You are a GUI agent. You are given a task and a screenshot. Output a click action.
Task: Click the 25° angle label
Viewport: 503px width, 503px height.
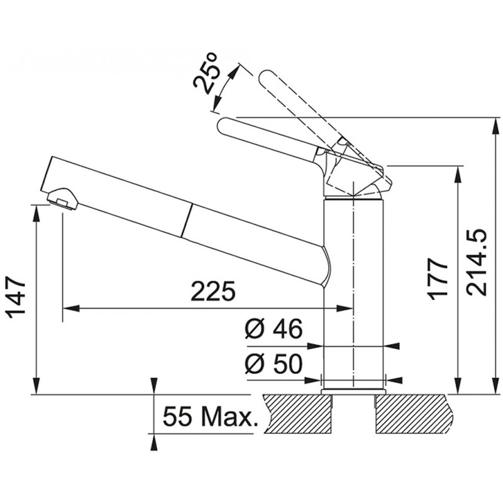click(206, 74)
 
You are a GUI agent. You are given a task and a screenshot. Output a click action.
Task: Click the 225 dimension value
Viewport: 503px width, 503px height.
click(213, 292)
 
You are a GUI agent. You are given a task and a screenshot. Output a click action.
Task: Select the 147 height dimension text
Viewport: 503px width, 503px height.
click(16, 297)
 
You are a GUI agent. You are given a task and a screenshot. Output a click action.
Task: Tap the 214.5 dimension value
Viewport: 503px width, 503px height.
click(477, 262)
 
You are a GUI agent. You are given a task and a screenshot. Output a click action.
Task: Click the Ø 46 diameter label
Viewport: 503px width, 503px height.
click(274, 328)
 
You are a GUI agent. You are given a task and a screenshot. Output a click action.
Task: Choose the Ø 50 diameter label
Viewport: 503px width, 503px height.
click(274, 364)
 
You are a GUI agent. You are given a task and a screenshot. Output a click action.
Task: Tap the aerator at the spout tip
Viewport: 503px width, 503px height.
click(62, 199)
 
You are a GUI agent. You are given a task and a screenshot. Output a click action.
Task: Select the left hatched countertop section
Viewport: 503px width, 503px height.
click(298, 414)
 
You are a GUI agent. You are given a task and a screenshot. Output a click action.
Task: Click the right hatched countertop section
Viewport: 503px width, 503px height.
click(414, 414)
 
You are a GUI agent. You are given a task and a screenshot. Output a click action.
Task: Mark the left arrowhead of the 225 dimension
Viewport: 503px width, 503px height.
click(70, 309)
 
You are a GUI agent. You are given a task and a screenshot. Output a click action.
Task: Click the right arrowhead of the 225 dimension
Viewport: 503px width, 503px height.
click(344, 309)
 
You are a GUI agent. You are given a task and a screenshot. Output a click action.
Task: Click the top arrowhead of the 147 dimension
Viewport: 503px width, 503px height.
click(36, 214)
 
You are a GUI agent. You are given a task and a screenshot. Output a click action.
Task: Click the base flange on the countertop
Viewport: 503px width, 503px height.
click(353, 391)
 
